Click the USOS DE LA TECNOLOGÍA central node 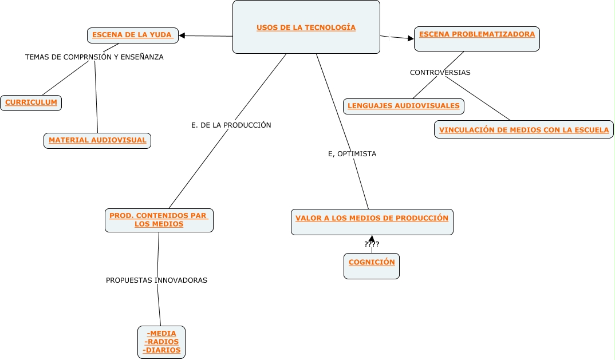[x=306, y=27]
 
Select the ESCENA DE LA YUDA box [x=133, y=35]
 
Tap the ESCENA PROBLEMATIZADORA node [x=477, y=39]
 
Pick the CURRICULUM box [x=31, y=103]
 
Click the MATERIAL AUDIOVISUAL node [x=97, y=141]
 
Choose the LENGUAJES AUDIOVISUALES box [x=404, y=106]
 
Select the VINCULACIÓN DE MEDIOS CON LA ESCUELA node [x=523, y=129]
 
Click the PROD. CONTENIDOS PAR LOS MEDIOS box [x=159, y=220]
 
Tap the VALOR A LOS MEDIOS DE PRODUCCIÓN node [x=372, y=222]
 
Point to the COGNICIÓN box [x=372, y=266]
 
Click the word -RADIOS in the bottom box [x=161, y=342]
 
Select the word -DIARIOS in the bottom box [x=161, y=350]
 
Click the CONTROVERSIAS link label [x=440, y=73]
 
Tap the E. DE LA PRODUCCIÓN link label [x=231, y=125]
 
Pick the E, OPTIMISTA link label [x=352, y=154]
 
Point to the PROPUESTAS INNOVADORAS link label [x=156, y=280]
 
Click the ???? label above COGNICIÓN [x=372, y=244]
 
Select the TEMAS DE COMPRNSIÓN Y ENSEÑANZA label [x=94, y=57]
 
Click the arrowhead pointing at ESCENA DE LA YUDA [x=182, y=35]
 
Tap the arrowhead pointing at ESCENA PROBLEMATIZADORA [x=411, y=38]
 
